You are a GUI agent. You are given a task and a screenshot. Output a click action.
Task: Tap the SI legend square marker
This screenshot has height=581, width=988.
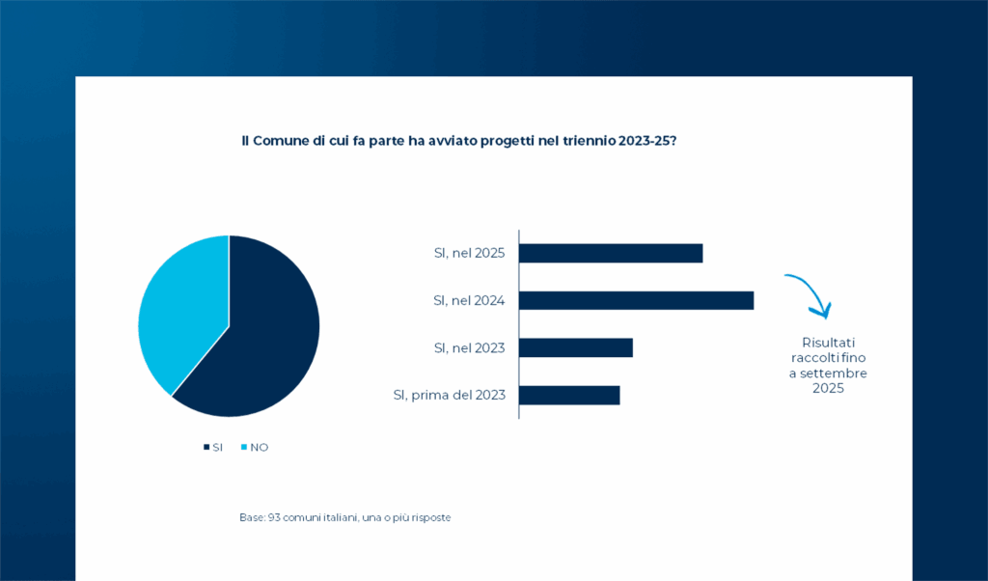[206, 447]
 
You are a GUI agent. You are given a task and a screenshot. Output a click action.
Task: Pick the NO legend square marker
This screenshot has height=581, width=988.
[243, 447]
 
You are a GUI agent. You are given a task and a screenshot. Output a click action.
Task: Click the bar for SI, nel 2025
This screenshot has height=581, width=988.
[611, 253]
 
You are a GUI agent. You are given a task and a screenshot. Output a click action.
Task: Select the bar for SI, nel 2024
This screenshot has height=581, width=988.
[636, 300]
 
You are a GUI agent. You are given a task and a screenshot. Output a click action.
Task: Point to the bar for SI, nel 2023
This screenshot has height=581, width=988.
[576, 347]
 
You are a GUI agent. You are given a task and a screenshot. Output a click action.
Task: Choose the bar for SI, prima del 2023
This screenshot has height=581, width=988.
[569, 395]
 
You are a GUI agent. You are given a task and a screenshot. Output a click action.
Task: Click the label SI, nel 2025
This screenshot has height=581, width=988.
[469, 253]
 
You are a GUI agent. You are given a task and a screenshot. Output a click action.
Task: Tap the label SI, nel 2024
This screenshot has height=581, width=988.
[469, 300]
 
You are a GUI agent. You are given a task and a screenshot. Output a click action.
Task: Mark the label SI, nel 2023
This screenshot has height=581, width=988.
[469, 347]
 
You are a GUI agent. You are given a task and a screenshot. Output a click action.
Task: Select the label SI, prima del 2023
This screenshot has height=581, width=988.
[450, 395]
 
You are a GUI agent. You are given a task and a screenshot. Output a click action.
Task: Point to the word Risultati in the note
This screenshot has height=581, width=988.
[829, 343]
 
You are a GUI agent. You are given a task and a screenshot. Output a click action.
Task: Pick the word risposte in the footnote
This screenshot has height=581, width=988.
[429, 518]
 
